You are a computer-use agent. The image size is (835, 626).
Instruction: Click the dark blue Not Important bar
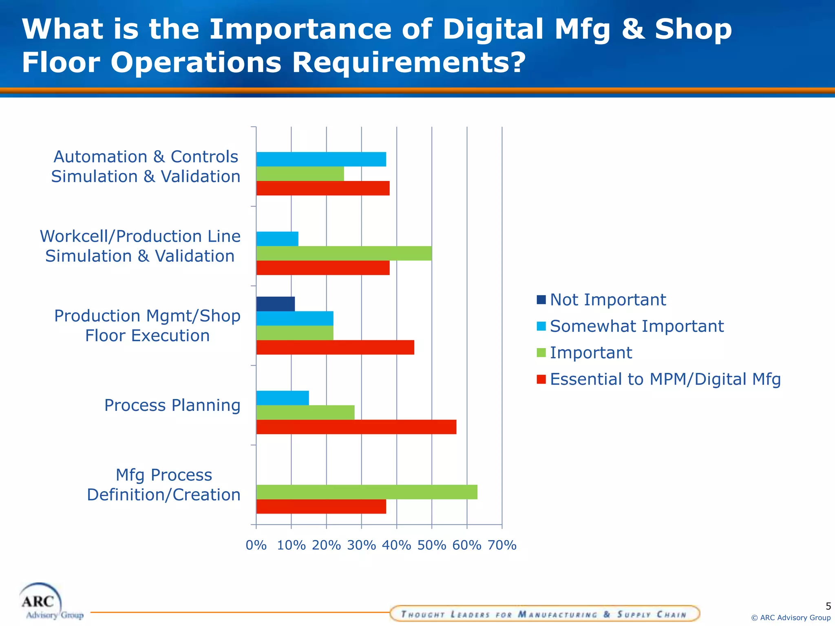(x=276, y=304)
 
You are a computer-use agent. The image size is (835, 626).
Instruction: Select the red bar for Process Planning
(x=356, y=427)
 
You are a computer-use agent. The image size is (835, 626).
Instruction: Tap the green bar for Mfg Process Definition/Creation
(x=367, y=492)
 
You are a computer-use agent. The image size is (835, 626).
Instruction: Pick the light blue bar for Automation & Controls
(x=321, y=159)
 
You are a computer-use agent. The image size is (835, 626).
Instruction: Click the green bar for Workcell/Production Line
(x=344, y=253)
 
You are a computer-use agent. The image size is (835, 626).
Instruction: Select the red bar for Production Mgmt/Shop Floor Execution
(x=335, y=347)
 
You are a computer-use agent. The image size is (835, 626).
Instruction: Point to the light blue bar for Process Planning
(x=283, y=398)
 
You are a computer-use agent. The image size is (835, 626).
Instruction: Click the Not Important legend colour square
(x=541, y=300)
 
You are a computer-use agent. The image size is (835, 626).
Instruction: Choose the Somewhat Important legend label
(x=636, y=326)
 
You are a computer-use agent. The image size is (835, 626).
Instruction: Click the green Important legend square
(x=541, y=353)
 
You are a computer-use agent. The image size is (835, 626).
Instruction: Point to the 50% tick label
(x=431, y=545)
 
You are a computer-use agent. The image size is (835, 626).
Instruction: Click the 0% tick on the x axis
(x=256, y=545)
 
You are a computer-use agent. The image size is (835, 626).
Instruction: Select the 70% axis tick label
(x=502, y=545)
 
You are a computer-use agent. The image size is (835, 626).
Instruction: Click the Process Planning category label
(x=172, y=405)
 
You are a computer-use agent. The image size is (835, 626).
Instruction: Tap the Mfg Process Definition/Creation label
(x=163, y=485)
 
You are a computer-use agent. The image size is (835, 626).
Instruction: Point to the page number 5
(x=828, y=606)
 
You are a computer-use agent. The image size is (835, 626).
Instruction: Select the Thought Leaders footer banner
(x=544, y=614)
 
